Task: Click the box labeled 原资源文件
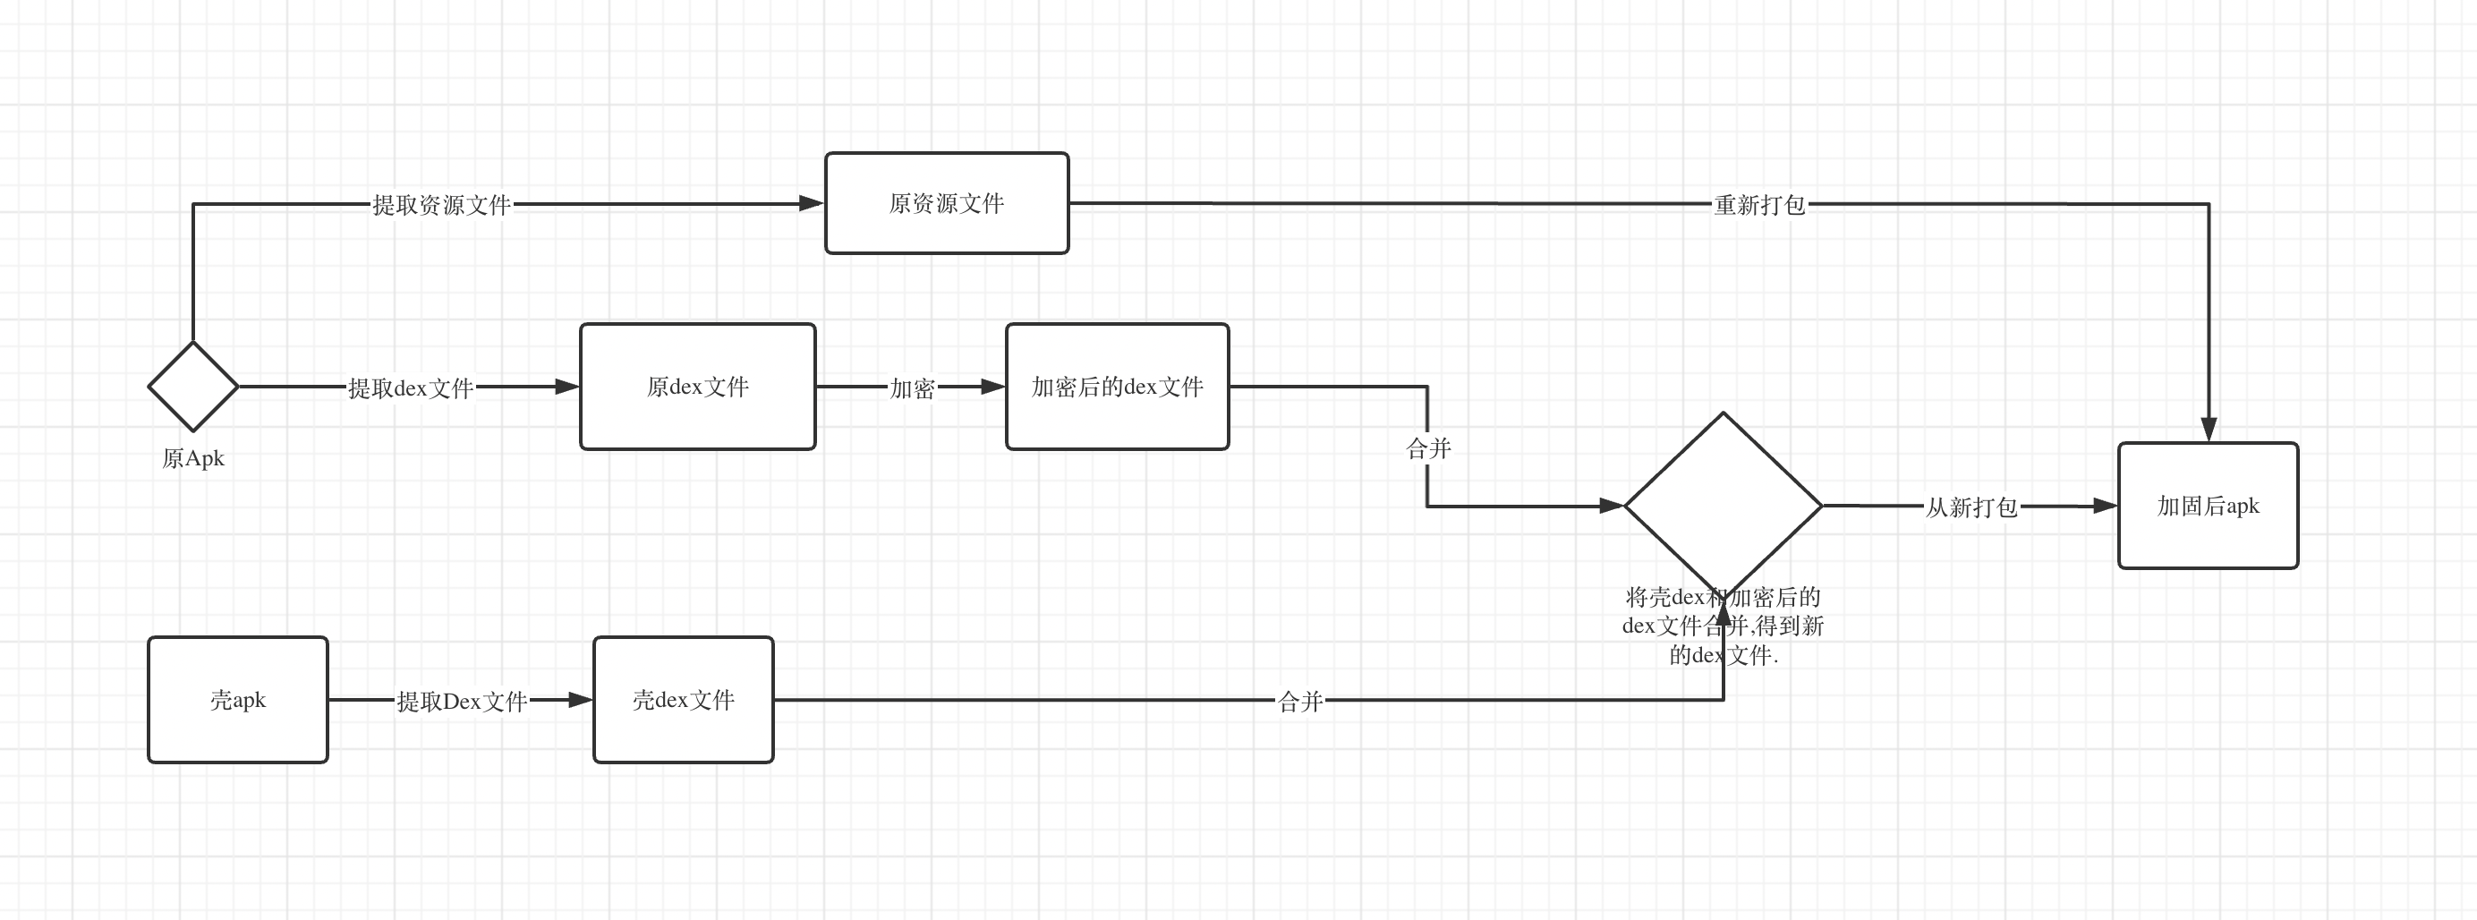click(946, 203)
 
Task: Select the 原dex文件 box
click(697, 387)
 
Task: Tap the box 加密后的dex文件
click(1117, 387)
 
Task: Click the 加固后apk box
click(2208, 506)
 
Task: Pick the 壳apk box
click(237, 700)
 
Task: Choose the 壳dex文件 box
click(683, 700)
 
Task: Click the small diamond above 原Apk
click(193, 387)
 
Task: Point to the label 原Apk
click(193, 458)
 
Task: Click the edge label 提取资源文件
click(441, 205)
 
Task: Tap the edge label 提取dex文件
click(411, 388)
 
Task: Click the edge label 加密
click(912, 388)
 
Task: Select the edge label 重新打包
click(1758, 205)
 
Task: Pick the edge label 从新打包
click(1971, 507)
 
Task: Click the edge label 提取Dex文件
click(462, 702)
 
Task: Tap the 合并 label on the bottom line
click(1300, 702)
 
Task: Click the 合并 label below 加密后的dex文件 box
click(1428, 449)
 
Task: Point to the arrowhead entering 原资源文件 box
click(812, 204)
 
